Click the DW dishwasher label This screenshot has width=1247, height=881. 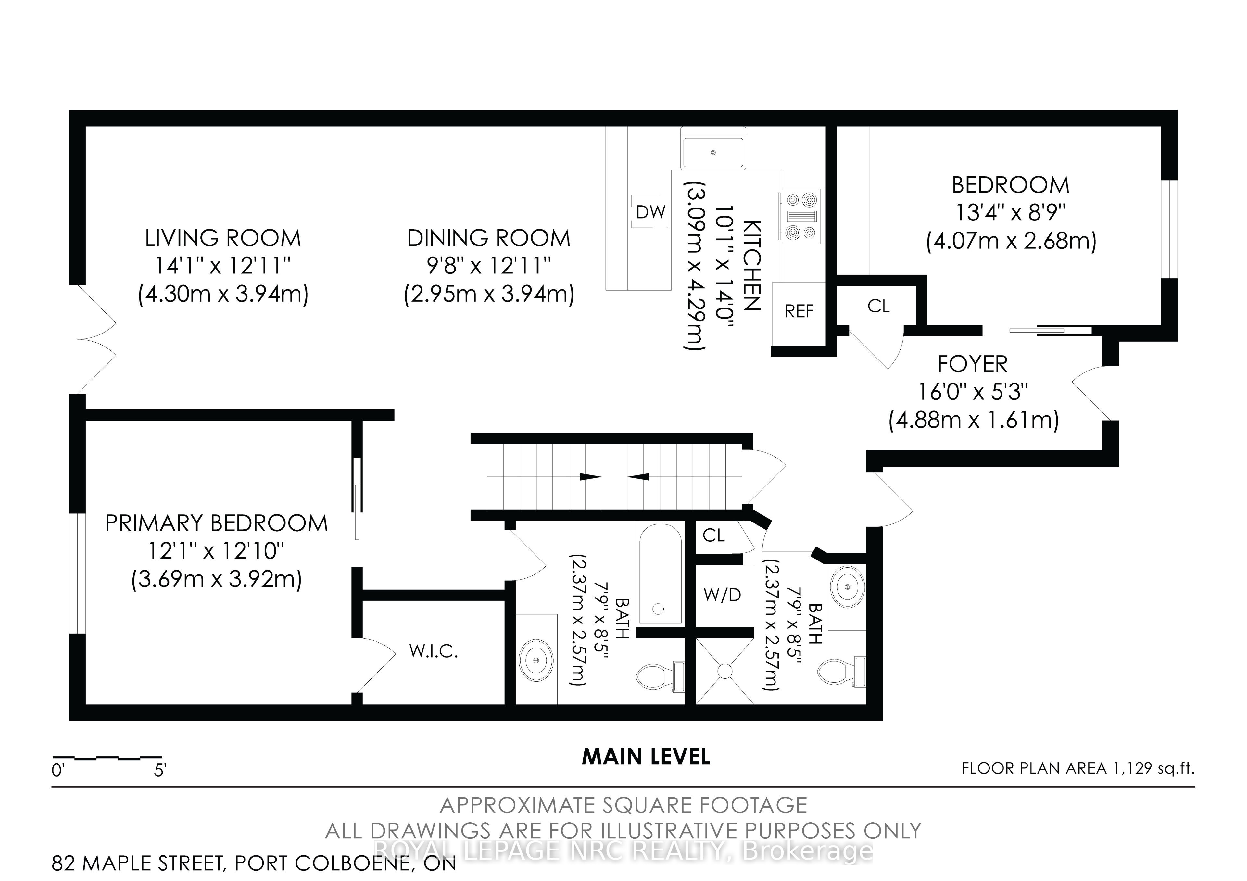coord(651,212)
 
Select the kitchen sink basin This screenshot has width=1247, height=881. coord(713,153)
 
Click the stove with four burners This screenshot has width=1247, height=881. coord(802,216)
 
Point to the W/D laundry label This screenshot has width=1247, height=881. coord(722,595)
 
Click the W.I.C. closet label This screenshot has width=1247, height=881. coord(434,651)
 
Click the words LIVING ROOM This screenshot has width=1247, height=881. coord(223,238)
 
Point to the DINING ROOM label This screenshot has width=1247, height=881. coord(489,238)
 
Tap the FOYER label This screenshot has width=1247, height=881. coord(972,364)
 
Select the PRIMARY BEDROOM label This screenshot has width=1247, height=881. coord(216,523)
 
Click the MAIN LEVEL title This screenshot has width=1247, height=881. coord(646,757)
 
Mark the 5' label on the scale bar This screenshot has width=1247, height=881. coord(160,770)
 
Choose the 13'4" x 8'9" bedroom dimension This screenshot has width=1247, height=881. coord(1010,213)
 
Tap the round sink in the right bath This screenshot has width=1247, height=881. coord(847,586)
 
